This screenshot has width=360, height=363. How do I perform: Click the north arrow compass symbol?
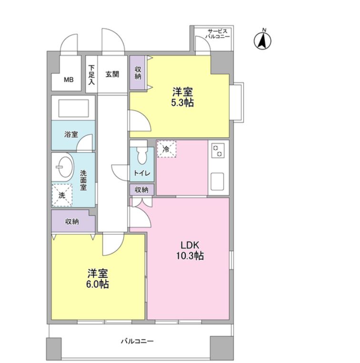click(x=262, y=40)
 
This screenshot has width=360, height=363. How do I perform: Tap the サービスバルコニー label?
click(x=218, y=33)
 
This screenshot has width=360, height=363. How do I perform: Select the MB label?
click(x=69, y=80)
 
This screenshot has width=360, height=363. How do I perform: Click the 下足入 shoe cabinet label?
click(x=91, y=75)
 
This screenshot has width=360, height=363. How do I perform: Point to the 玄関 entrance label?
click(x=112, y=74)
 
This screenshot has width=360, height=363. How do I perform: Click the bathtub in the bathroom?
click(x=73, y=109)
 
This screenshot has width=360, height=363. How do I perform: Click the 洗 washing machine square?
click(x=61, y=195)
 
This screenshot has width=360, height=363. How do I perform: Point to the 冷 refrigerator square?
click(x=166, y=149)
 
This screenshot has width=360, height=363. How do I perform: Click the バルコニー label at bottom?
click(x=137, y=341)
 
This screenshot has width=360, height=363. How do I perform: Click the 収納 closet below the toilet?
click(x=141, y=190)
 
